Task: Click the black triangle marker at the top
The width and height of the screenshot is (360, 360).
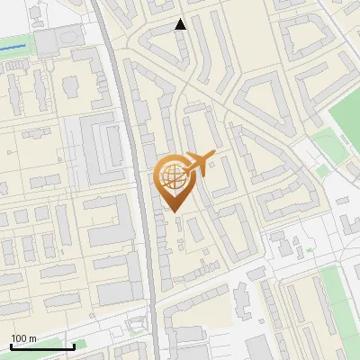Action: point(181,24)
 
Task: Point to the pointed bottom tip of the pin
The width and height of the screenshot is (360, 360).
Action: point(174,211)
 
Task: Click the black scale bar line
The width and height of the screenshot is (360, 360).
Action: point(42,346)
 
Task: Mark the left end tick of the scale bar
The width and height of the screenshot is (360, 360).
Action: point(11,345)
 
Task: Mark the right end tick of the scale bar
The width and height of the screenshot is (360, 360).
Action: point(74,345)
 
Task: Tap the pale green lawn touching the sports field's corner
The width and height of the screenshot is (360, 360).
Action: point(319,144)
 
